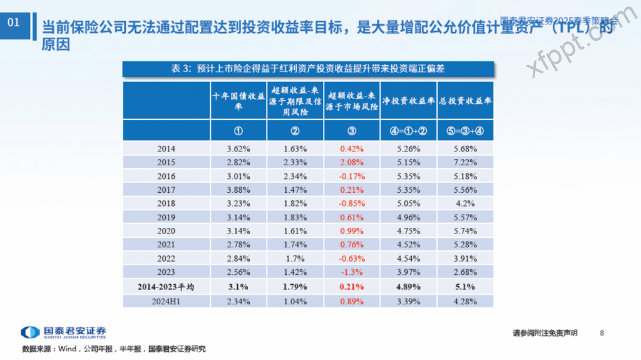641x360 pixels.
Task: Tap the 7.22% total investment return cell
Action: tap(465, 162)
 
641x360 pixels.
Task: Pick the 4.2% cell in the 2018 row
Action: tap(465, 203)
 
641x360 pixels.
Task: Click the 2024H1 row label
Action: tap(167, 302)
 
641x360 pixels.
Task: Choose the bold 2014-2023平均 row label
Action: tap(167, 287)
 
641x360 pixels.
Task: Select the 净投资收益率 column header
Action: tap(408, 100)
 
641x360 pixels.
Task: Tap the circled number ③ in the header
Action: tap(352, 131)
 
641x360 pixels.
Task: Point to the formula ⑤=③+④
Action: tap(465, 131)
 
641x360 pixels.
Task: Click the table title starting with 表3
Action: tap(307, 68)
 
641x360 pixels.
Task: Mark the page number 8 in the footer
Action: tap(602, 332)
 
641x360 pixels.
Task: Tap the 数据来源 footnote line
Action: tap(113, 349)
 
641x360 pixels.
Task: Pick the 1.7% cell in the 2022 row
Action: tap(295, 259)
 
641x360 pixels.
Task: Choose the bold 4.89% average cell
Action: tap(408, 287)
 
